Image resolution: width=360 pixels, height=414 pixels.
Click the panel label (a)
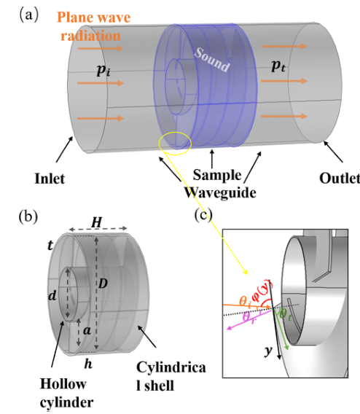click(x=29, y=15)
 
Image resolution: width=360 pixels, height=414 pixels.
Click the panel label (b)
click(x=28, y=216)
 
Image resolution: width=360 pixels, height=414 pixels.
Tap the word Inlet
click(x=50, y=179)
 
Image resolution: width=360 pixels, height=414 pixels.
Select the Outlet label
click(x=340, y=179)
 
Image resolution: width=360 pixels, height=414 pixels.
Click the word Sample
click(x=217, y=176)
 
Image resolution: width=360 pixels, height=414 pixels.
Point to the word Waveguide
click(x=220, y=192)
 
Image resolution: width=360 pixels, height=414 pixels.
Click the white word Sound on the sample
click(x=212, y=60)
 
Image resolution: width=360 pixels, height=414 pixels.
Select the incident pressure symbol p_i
click(x=103, y=70)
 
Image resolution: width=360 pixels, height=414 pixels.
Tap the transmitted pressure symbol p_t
click(x=278, y=66)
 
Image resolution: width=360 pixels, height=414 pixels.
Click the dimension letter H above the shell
click(x=97, y=222)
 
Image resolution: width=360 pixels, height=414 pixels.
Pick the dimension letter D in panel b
click(x=103, y=284)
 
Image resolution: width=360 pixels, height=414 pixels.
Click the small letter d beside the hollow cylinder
click(x=52, y=295)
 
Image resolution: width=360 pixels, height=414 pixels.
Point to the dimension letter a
click(x=87, y=330)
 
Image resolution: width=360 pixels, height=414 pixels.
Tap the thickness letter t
click(x=50, y=246)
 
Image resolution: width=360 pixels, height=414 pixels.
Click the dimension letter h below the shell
click(x=88, y=364)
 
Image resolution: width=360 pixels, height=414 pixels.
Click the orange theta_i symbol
click(x=245, y=301)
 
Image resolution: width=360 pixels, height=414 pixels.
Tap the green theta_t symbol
click(x=286, y=315)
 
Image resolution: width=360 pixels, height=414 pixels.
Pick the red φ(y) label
click(x=262, y=290)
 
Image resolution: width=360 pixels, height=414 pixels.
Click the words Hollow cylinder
click(x=66, y=393)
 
